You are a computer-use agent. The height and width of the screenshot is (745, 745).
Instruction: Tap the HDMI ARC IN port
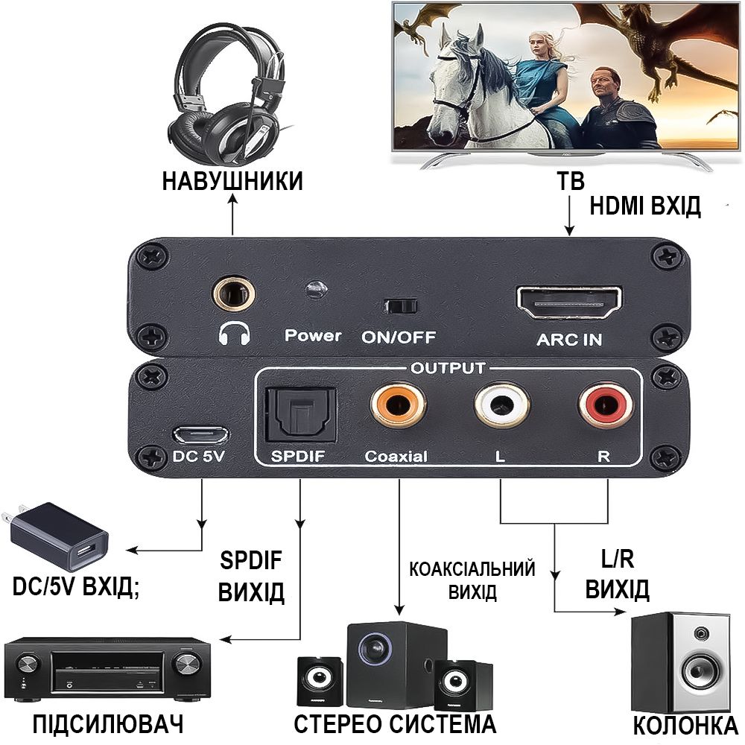point(568,302)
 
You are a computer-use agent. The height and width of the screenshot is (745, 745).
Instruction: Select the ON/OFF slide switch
point(401,306)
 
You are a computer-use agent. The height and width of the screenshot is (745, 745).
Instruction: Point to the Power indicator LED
point(315,289)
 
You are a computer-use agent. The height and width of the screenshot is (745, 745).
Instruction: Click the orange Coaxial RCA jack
point(398,405)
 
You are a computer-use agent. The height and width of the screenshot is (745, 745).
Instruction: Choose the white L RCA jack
point(501,405)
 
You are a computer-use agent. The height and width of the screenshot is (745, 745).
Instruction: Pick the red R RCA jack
point(606,405)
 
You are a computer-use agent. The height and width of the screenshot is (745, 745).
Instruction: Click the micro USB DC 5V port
point(200,434)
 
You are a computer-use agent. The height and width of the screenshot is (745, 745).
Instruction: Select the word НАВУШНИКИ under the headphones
point(232,182)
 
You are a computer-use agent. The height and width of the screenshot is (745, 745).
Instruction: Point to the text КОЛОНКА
point(685,726)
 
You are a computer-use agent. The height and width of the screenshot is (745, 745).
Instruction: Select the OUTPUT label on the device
point(448,368)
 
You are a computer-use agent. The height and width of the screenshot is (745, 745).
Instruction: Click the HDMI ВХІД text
point(645,206)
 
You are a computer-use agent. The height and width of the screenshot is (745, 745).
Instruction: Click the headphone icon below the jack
point(234,334)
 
